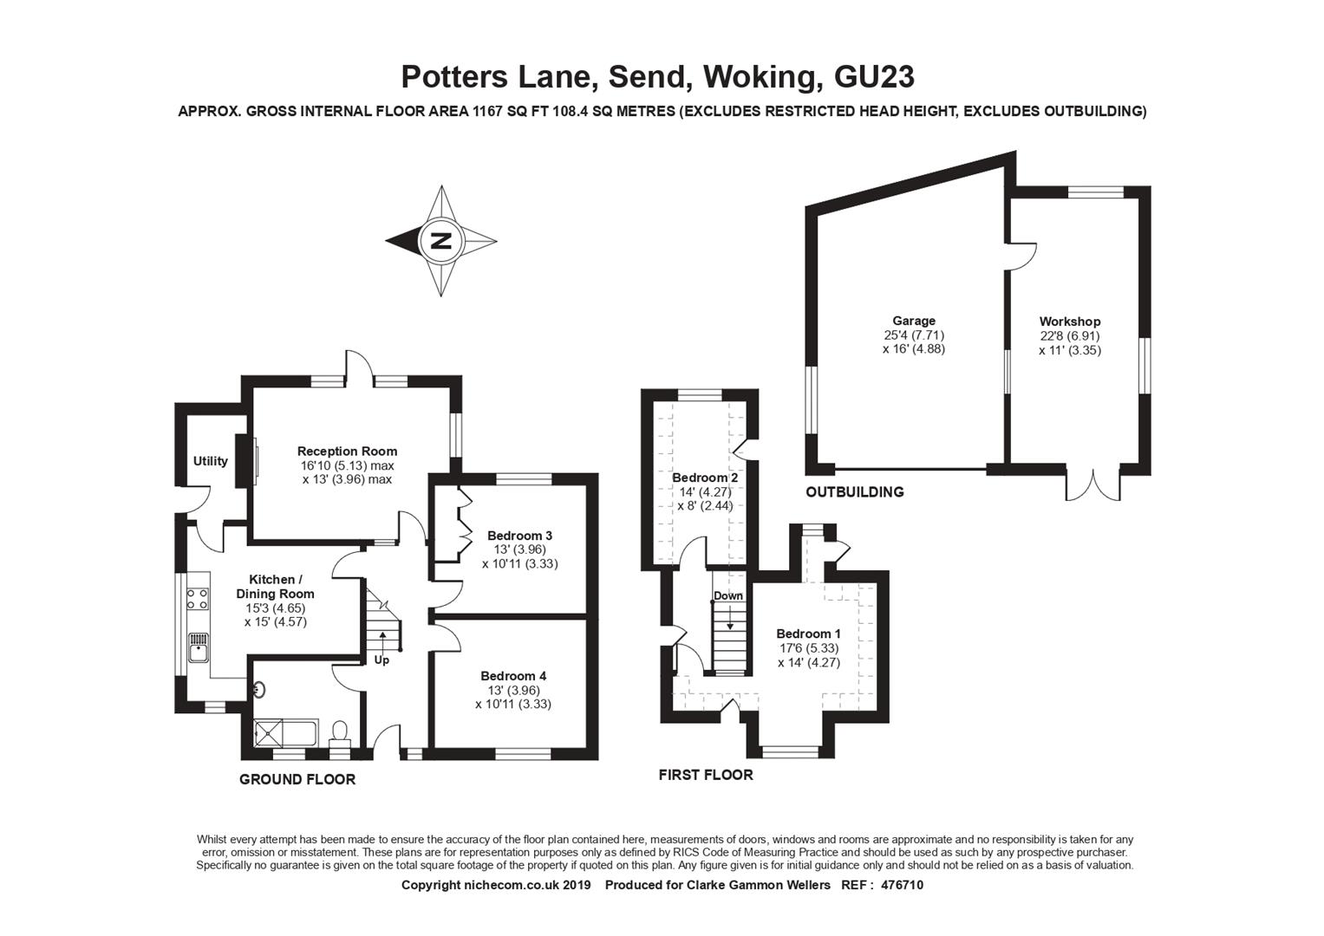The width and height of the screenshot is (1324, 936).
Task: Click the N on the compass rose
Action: click(441, 241)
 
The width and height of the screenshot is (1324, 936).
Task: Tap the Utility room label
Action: click(211, 461)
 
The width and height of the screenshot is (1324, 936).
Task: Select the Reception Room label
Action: click(347, 452)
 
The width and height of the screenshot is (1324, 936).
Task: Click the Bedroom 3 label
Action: click(519, 536)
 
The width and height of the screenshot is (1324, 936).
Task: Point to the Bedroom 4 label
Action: click(513, 676)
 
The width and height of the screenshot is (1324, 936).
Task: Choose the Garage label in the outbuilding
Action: click(914, 321)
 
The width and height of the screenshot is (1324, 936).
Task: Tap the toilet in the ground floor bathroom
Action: click(339, 732)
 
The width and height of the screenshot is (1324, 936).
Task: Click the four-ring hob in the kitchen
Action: click(198, 599)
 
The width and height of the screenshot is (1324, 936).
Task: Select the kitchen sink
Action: click(198, 647)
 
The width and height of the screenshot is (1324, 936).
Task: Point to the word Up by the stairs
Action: click(382, 660)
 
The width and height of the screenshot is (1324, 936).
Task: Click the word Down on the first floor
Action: click(728, 595)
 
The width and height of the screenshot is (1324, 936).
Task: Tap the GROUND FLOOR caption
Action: click(297, 779)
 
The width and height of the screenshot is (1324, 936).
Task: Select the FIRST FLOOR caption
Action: click(706, 775)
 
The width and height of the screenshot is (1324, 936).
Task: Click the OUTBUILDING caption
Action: click(855, 491)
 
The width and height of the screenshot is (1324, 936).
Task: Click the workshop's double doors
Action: click(1093, 485)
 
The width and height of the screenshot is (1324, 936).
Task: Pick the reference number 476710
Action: click(902, 885)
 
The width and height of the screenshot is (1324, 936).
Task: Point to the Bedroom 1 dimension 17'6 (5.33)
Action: click(809, 648)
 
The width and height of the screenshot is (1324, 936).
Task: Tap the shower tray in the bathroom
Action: click(268, 733)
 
